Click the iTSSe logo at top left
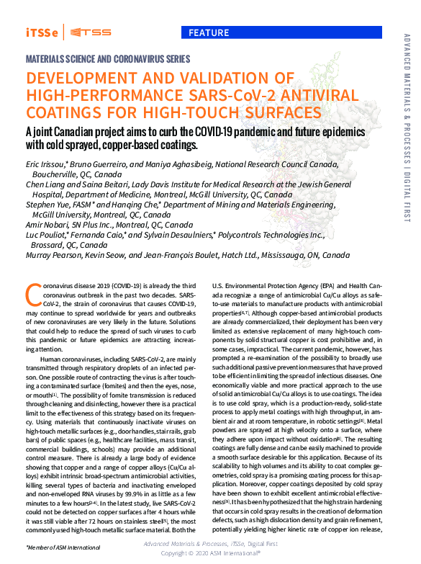(42, 32)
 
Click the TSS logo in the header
(89, 32)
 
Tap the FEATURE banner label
(209, 32)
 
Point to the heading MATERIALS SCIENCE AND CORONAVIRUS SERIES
(108, 58)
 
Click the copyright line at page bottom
(210, 553)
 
